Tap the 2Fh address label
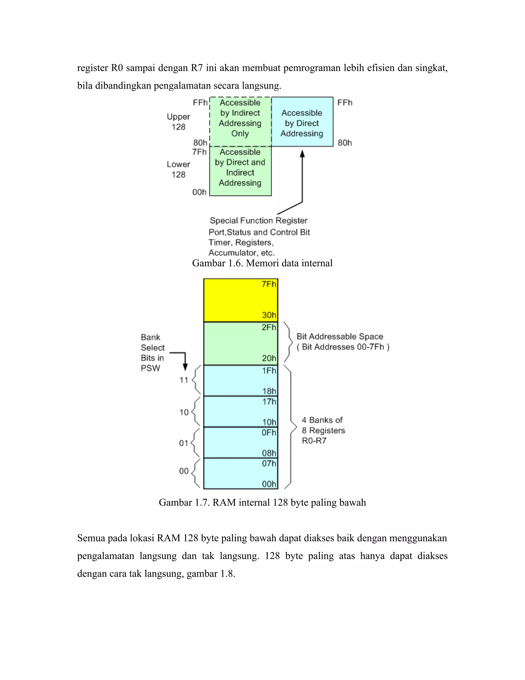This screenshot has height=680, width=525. [269, 327]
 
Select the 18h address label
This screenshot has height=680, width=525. [269, 391]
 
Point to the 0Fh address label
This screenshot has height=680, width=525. [269, 432]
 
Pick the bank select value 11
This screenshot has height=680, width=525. [184, 380]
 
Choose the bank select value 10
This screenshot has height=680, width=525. [184, 412]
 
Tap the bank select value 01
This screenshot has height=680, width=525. [184, 443]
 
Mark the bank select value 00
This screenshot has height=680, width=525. [184, 471]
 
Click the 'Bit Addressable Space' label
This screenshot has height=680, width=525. [340, 337]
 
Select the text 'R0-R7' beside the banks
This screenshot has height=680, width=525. [314, 441]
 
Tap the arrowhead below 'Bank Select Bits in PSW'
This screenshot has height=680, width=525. [185, 367]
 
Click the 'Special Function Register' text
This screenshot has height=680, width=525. [258, 221]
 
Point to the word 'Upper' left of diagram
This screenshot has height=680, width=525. [178, 117]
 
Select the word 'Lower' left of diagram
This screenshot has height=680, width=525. [178, 164]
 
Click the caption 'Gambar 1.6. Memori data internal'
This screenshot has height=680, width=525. [262, 264]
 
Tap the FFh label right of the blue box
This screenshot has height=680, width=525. [345, 103]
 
